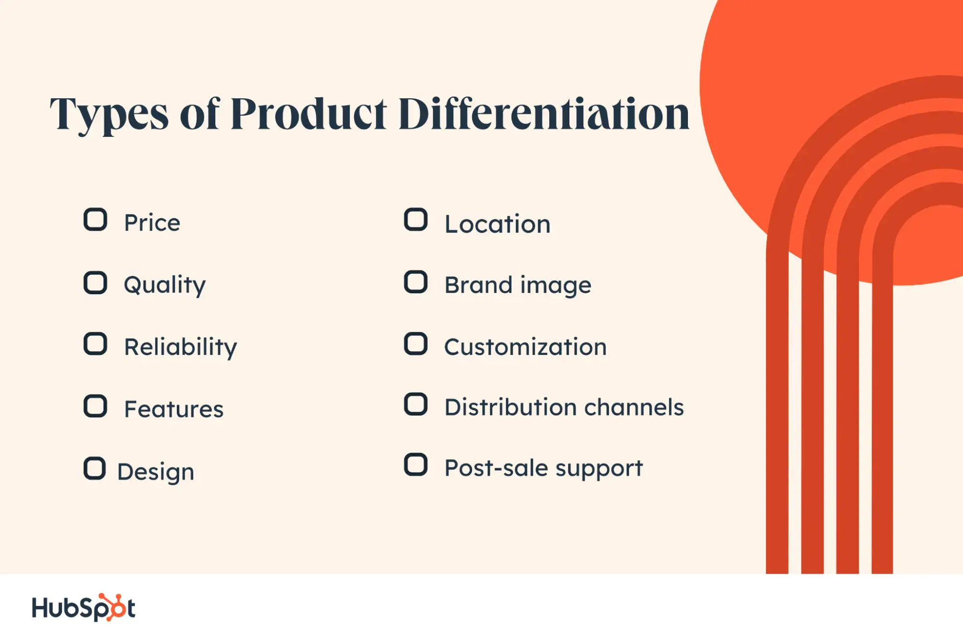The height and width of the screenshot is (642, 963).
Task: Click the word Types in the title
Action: (109, 115)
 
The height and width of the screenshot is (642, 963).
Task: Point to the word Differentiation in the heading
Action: (544, 113)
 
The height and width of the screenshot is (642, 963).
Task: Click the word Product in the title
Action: (309, 114)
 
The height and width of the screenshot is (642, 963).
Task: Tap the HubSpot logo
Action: (83, 607)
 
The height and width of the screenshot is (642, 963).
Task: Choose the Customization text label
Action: (525, 347)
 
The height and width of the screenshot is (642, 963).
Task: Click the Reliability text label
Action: (181, 347)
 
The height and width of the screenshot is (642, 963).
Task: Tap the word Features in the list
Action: (174, 409)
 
